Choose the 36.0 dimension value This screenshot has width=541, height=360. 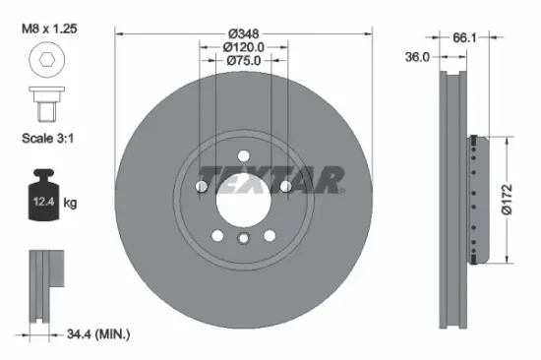point(417,57)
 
